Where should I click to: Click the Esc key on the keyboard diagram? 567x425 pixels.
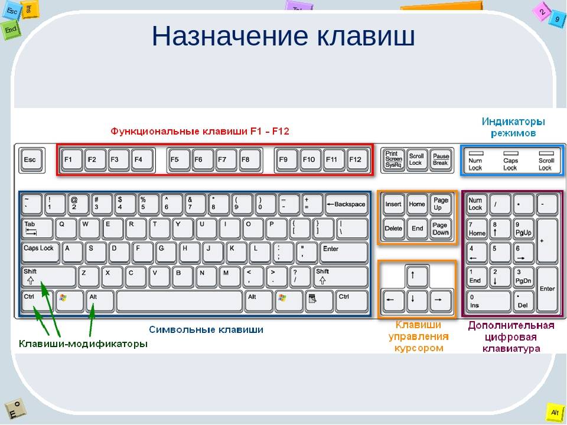click(x=32, y=160)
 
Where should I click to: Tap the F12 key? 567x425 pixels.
click(x=357, y=160)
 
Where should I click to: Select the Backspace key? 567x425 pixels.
click(x=347, y=205)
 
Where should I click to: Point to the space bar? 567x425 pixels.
click(x=180, y=300)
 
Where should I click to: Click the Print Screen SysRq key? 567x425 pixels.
click(x=393, y=160)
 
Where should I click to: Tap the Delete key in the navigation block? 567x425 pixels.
click(x=393, y=229)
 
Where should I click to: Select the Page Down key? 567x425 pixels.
click(x=441, y=229)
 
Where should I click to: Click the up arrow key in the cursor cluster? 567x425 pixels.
click(x=417, y=276)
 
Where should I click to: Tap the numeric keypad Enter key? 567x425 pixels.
click(x=547, y=289)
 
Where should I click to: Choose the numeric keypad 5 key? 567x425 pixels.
click(x=500, y=253)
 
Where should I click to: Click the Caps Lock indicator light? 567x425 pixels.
click(x=510, y=153)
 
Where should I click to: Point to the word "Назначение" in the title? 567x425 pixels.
click(x=230, y=36)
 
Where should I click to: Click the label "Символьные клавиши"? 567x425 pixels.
click(x=206, y=329)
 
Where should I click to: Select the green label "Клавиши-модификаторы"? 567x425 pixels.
click(x=83, y=344)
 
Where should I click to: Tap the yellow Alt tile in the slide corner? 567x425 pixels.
click(x=555, y=413)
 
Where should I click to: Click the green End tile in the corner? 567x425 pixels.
click(x=11, y=30)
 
